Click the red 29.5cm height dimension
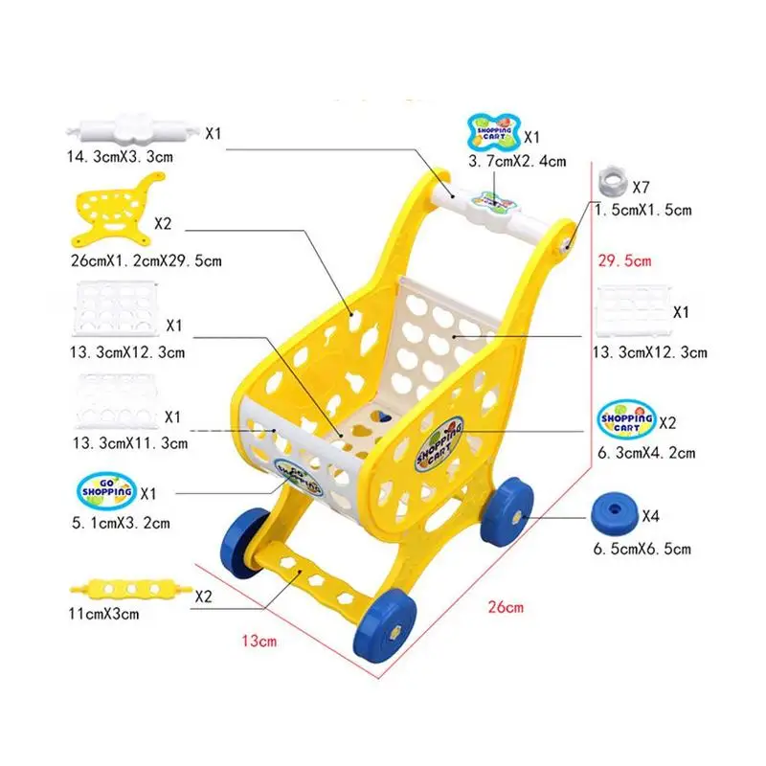(x=624, y=260)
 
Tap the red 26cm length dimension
(x=506, y=607)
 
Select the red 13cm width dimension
(x=259, y=641)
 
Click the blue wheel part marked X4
(x=615, y=514)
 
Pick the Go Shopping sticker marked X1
(x=106, y=490)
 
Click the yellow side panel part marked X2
(x=116, y=211)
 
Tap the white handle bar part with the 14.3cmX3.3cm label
(x=133, y=129)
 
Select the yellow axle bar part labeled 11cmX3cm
(x=129, y=589)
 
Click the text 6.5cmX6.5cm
(x=642, y=549)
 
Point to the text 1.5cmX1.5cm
(x=642, y=210)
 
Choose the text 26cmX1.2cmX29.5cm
(x=146, y=260)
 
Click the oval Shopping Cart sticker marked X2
(x=627, y=419)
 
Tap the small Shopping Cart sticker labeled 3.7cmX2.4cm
(x=494, y=132)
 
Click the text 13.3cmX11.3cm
(x=130, y=443)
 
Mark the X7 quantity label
(x=641, y=187)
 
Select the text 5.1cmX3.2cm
(x=121, y=523)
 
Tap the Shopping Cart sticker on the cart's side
(x=439, y=445)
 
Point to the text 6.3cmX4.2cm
(x=646, y=453)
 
